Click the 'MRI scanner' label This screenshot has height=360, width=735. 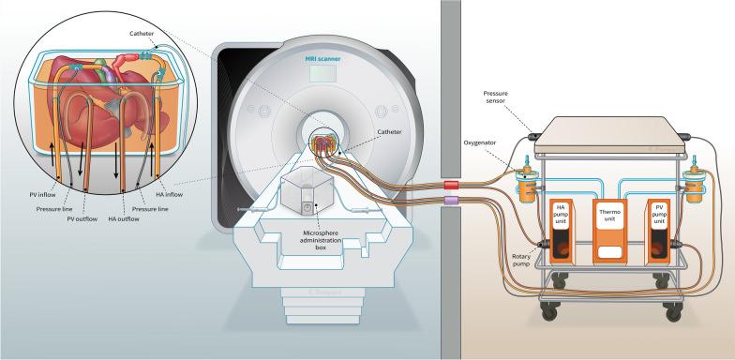[322, 59]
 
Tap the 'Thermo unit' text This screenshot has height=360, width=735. [611, 217]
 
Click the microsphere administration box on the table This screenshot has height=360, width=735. [306, 195]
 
